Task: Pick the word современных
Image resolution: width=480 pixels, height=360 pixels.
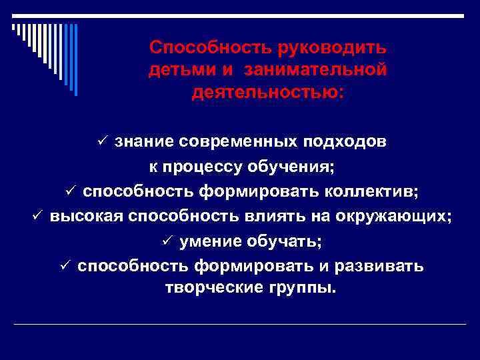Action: [x=243, y=142]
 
